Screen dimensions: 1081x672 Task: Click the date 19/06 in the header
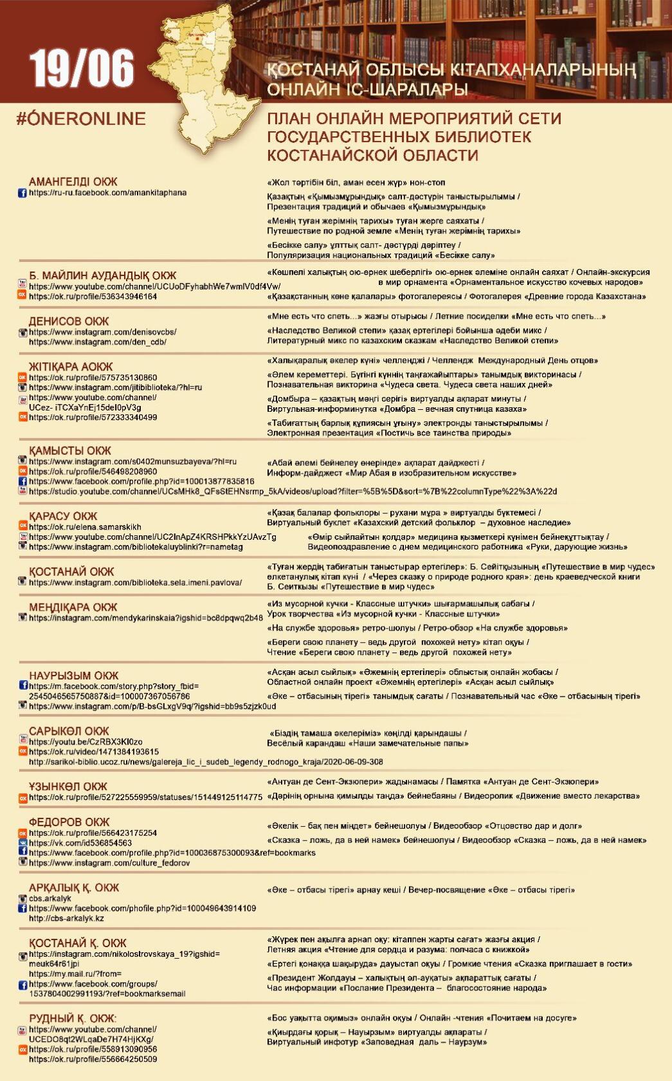point(82,68)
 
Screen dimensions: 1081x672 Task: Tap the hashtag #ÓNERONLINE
point(82,119)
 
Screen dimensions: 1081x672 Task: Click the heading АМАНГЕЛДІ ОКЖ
point(73,181)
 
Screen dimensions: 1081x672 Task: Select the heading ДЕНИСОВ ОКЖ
point(69,321)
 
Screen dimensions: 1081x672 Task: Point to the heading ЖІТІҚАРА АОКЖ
point(71,367)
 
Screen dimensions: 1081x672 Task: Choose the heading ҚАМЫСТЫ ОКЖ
point(70,450)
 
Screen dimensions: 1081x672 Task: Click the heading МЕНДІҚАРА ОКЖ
point(73,607)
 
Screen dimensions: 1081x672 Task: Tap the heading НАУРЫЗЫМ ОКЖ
point(74,676)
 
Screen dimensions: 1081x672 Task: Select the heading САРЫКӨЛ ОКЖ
point(69,732)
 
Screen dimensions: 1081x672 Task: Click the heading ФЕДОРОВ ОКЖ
point(69,822)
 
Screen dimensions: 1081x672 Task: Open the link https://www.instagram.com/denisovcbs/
point(103,332)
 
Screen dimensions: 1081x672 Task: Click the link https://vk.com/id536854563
point(80,843)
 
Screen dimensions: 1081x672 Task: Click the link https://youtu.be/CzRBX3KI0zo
point(86,742)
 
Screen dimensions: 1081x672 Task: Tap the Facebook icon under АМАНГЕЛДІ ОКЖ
point(23,193)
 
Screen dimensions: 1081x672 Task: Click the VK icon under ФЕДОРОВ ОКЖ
point(23,843)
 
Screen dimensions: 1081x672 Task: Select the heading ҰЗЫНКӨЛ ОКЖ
point(68,786)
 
